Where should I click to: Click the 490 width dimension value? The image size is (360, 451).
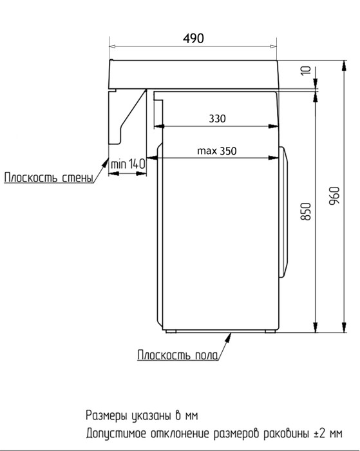(192, 38)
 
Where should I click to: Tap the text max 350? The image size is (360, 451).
(217, 151)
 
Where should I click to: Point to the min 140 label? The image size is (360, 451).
(128, 164)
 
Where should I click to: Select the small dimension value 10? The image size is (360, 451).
(305, 71)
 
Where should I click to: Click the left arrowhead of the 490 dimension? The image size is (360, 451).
(112, 46)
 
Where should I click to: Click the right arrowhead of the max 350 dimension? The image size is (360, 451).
(277, 158)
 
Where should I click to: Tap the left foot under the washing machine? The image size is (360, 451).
(170, 332)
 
